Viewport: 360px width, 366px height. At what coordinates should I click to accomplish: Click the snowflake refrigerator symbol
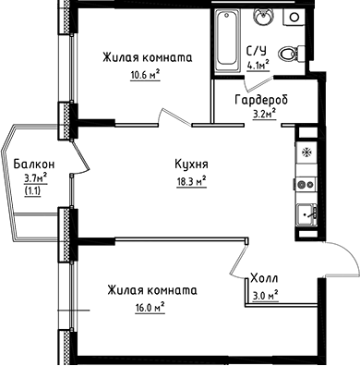tap(306, 150)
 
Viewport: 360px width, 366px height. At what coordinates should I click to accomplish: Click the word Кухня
tap(190, 165)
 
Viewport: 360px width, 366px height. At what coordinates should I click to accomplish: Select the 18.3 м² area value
tap(189, 181)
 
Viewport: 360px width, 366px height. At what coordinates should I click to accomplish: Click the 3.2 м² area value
tap(265, 116)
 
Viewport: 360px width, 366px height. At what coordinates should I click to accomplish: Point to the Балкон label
tap(34, 164)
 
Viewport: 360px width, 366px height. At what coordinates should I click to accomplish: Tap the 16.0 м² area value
tap(148, 306)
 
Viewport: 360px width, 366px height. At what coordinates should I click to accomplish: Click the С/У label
tap(256, 52)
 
